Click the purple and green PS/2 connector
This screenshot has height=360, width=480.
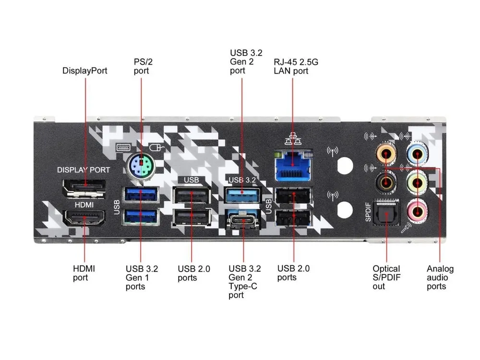point(141,167)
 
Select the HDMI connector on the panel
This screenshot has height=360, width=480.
point(84,218)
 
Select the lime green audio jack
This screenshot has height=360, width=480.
point(417,183)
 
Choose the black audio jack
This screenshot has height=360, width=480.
point(386,183)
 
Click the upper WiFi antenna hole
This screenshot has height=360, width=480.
point(345,166)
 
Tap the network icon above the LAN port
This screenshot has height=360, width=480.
point(293,139)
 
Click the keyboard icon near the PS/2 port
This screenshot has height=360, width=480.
point(123,147)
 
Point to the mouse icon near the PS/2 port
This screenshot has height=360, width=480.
point(157,148)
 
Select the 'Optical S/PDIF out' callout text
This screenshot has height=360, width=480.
point(386,277)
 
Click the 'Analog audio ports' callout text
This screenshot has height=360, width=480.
point(440,277)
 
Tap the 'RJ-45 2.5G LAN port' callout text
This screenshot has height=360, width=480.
point(296,66)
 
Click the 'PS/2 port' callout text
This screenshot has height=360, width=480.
point(143,66)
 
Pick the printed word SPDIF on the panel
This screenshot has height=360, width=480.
point(368,212)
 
